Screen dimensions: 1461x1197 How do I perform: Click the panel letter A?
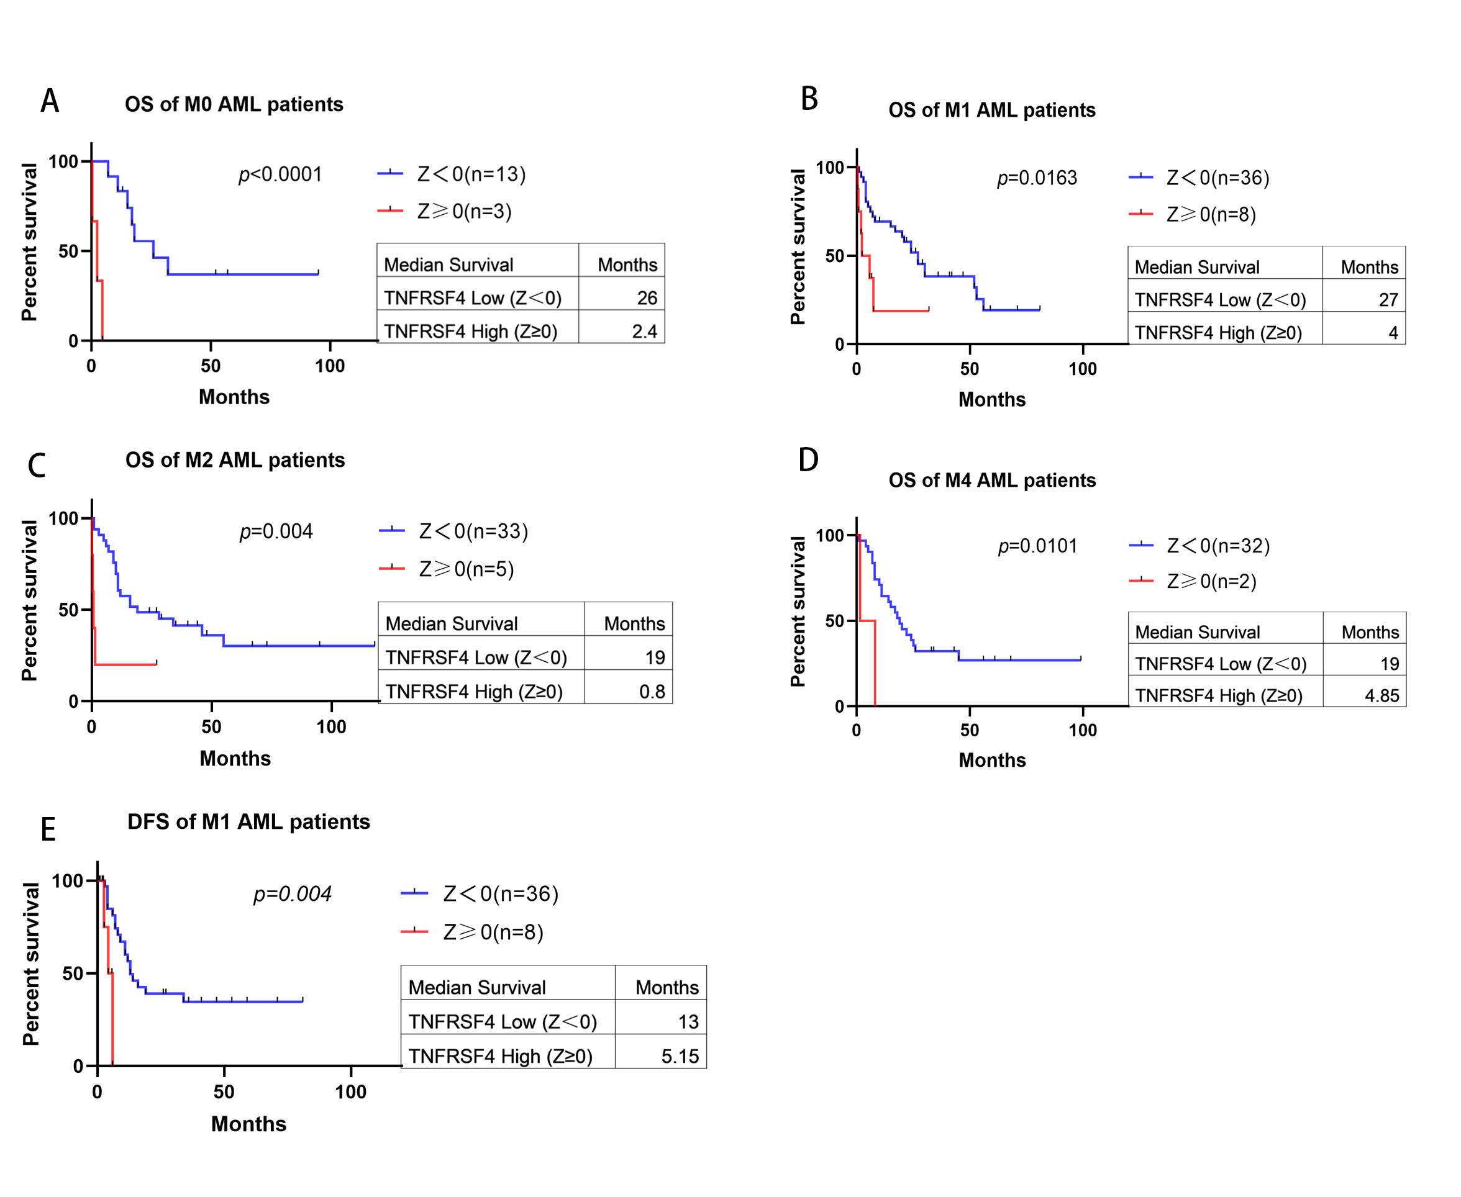pyautogui.click(x=50, y=101)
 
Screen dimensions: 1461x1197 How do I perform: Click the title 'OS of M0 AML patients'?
pyautogui.click(x=234, y=104)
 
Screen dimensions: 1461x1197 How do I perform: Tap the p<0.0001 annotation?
pyautogui.click(x=280, y=174)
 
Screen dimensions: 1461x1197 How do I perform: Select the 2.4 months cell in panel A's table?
pyautogui.click(x=644, y=332)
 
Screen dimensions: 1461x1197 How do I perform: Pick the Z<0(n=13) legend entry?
pyautogui.click(x=452, y=174)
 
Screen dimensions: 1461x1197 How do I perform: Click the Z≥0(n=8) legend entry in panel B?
pyautogui.click(x=1192, y=214)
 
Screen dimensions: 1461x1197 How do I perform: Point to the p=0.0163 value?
pyautogui.click(x=1037, y=178)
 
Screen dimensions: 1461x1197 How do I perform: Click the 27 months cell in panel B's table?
pyautogui.click(x=1388, y=300)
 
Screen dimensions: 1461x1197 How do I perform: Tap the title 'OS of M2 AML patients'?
pyautogui.click(x=235, y=460)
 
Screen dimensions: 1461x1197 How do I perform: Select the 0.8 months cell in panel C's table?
pyautogui.click(x=652, y=692)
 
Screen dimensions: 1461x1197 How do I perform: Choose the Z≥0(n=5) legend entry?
pyautogui.click(x=447, y=569)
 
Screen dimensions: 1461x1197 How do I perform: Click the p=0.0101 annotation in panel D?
pyautogui.click(x=1037, y=546)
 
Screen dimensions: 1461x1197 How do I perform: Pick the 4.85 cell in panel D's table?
pyautogui.click(x=1381, y=696)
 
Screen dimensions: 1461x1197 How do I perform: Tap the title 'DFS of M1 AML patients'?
pyautogui.click(x=249, y=822)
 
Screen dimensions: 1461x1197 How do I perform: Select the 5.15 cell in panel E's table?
pyautogui.click(x=680, y=1056)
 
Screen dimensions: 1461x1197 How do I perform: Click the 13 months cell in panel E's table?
pyautogui.click(x=688, y=1022)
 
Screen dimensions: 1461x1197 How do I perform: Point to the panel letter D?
pyautogui.click(x=808, y=460)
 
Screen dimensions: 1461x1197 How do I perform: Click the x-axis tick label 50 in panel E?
pyautogui.click(x=224, y=1091)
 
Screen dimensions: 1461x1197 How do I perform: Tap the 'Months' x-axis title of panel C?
pyautogui.click(x=235, y=759)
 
